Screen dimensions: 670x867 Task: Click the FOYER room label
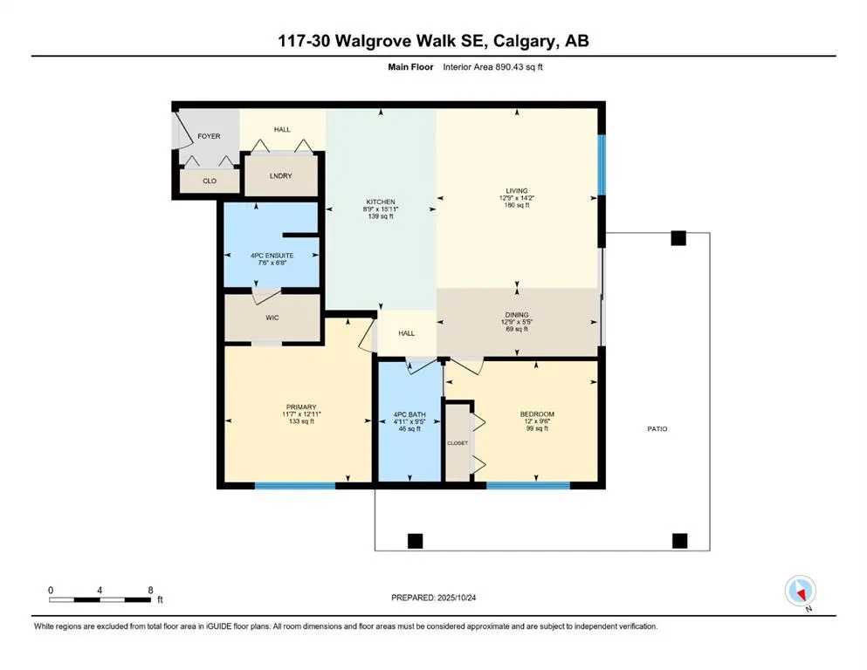209,136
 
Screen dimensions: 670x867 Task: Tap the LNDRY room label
280,175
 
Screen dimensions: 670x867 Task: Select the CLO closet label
210,181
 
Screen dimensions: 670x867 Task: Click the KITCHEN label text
381,202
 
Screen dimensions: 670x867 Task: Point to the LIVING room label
517,190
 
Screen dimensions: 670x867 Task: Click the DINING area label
517,315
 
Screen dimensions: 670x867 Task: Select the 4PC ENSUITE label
271,256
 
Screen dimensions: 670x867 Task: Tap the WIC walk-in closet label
271,318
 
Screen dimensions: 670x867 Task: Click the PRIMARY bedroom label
299,407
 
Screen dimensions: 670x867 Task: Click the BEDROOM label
536,414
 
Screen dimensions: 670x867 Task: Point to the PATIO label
657,428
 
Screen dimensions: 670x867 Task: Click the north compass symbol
801,591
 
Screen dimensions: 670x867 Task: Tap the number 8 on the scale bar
151,591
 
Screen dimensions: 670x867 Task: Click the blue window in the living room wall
601,164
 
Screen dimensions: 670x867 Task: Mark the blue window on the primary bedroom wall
294,485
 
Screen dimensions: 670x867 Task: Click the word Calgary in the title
539,41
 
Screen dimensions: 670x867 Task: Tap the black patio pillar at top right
678,238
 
